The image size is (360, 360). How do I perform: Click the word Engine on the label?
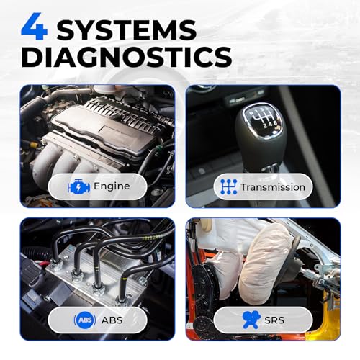click(112, 186)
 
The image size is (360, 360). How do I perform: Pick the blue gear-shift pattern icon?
click(228, 187)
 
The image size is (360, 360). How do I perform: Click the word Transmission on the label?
click(273, 187)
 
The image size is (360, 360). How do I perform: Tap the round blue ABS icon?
click(85, 320)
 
